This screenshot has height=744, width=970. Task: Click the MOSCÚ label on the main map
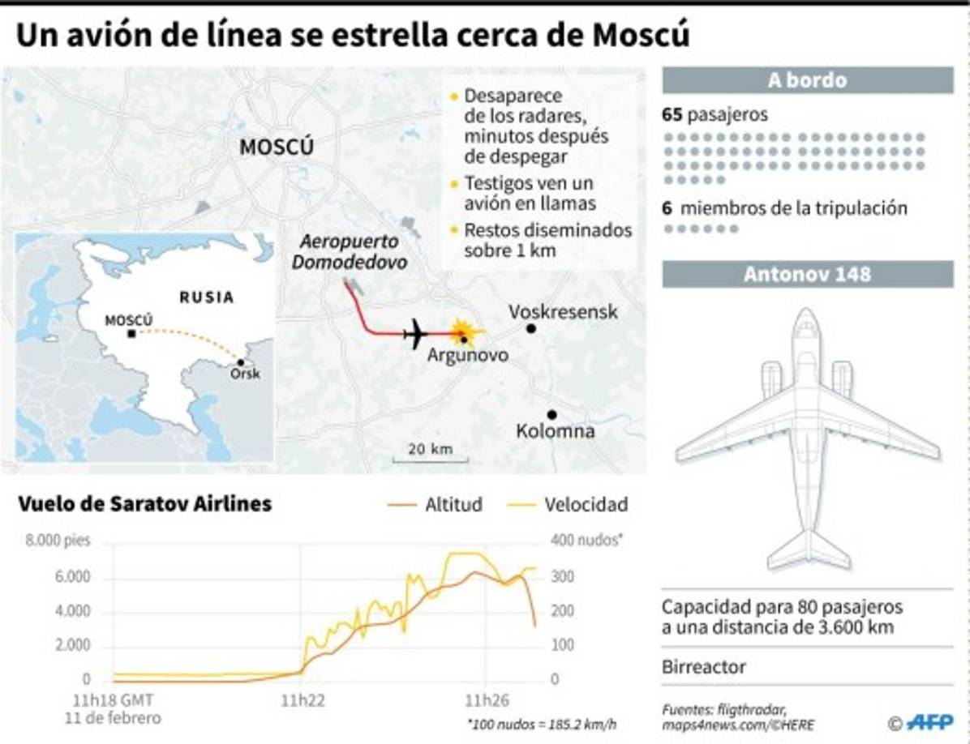276,148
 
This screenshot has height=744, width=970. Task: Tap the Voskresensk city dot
530,328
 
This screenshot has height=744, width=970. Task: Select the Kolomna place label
556,431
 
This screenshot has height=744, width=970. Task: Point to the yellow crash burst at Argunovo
463,332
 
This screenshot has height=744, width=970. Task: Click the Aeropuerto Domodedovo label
349,252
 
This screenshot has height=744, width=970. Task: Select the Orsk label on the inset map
245,374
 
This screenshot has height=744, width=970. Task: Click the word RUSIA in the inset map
206,297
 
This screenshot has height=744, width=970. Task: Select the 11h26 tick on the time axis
485,701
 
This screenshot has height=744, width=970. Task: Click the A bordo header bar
807,80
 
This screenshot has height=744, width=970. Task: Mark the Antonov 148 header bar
807,274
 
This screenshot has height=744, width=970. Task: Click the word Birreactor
703,667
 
